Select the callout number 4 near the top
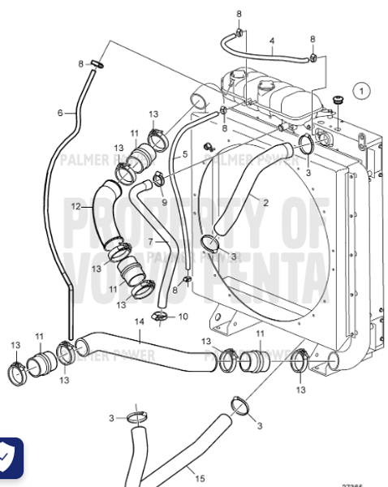click(x=271, y=41)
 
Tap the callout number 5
click(x=185, y=153)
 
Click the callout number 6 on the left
click(x=60, y=113)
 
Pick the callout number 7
click(x=149, y=242)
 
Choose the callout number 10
click(x=183, y=316)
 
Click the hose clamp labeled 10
click(x=162, y=315)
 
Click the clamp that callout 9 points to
click(x=160, y=178)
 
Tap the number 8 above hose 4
click(x=239, y=15)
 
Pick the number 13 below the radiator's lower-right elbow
click(x=301, y=390)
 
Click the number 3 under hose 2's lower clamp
click(x=235, y=256)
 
